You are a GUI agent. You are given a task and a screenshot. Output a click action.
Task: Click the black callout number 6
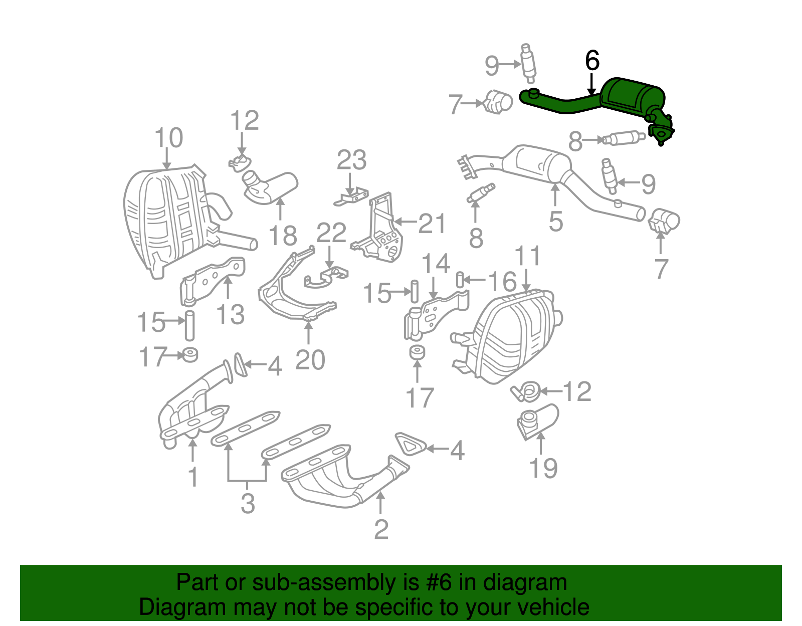click(x=592, y=61)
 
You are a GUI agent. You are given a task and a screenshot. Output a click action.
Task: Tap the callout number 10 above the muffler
click(x=168, y=138)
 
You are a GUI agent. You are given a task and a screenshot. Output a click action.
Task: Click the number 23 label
click(x=351, y=160)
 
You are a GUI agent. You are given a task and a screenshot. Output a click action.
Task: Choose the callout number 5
click(x=556, y=221)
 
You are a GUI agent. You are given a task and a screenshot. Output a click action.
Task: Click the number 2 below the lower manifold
click(x=381, y=529)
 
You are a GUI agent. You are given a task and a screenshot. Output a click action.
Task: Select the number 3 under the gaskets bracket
click(x=248, y=503)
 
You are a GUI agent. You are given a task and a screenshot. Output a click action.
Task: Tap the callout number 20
click(x=310, y=360)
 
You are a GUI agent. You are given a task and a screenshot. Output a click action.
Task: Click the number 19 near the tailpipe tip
click(x=543, y=468)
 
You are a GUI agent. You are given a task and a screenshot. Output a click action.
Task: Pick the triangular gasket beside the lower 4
click(x=410, y=444)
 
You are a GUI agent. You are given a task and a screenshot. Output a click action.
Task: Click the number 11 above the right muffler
click(x=528, y=256)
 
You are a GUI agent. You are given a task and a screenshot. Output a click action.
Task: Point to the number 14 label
click(x=436, y=264)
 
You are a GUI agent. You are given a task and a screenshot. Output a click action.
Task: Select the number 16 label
click(x=502, y=282)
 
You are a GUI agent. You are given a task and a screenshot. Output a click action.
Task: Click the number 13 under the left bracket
click(x=230, y=315)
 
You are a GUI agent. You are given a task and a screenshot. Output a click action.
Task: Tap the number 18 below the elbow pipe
click(x=283, y=236)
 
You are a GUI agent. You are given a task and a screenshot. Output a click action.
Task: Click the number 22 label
click(x=331, y=233)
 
